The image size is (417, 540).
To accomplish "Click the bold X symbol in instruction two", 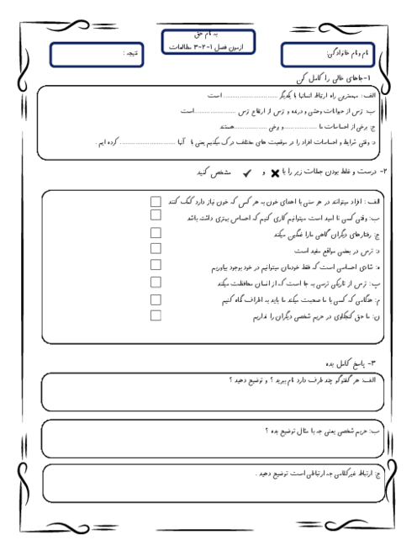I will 275,172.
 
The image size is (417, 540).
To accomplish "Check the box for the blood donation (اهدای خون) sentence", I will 155,202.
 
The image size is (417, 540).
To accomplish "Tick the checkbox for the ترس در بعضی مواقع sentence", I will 155,249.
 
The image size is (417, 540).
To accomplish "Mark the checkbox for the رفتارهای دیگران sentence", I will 155,233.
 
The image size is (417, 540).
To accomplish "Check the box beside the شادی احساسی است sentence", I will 155,266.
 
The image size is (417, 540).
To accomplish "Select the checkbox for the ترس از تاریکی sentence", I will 155,282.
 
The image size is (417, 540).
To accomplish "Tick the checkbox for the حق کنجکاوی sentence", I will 155,315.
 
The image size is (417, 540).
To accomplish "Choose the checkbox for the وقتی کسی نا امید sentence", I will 155,216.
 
